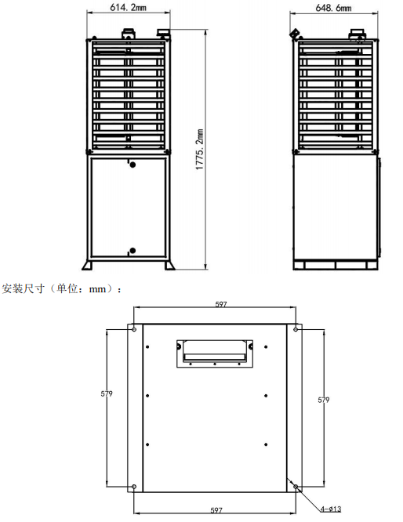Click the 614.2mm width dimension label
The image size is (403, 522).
(x=129, y=7)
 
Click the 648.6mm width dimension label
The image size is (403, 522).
(x=333, y=8)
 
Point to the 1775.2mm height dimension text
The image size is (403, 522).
(x=199, y=150)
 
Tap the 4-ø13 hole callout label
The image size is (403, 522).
(x=331, y=509)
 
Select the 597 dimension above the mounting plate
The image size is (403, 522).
(x=221, y=304)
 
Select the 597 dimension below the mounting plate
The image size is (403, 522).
(x=216, y=510)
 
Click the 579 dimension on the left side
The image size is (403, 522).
(x=107, y=393)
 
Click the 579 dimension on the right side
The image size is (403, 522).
(x=323, y=400)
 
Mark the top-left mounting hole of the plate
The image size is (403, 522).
(x=134, y=329)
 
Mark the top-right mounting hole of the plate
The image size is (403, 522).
(x=296, y=329)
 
